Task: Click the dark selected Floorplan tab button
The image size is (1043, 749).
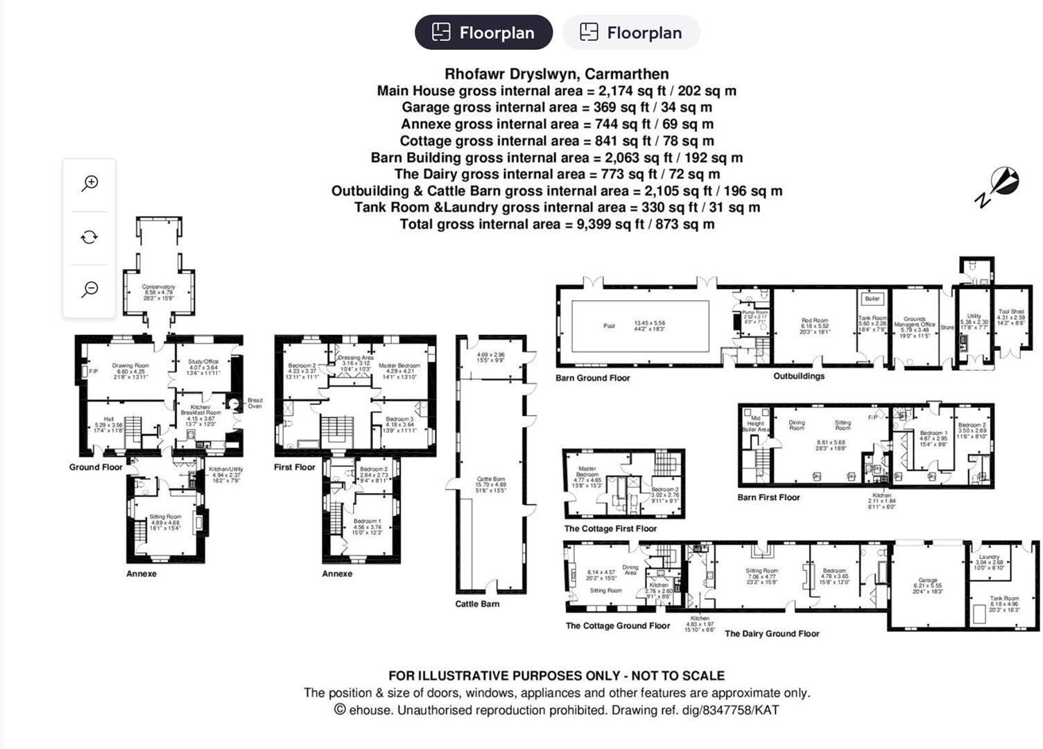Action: tap(483, 33)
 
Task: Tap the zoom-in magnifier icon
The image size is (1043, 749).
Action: tap(89, 183)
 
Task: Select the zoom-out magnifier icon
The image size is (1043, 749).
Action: tap(89, 289)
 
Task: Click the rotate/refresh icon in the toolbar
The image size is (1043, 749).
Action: tap(89, 237)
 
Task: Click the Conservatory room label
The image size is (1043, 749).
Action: tap(158, 286)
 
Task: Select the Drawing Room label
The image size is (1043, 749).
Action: tap(130, 365)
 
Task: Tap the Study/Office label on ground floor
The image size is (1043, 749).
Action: tap(202, 361)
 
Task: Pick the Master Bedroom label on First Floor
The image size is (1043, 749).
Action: tap(399, 365)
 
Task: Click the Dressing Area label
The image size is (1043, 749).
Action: tap(356, 358)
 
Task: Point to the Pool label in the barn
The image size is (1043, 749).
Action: tap(609, 326)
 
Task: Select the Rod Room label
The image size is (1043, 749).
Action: tap(815, 321)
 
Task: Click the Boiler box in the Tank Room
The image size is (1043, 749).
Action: tap(872, 299)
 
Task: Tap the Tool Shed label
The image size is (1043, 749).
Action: tap(1010, 312)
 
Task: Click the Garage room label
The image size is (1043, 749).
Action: tap(927, 580)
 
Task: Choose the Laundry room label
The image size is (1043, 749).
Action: tap(989, 557)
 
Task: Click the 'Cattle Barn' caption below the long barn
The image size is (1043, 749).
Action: tap(477, 604)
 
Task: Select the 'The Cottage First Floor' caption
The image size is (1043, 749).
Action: tap(610, 528)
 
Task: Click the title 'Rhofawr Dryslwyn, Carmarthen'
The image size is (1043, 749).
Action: tap(556, 74)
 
